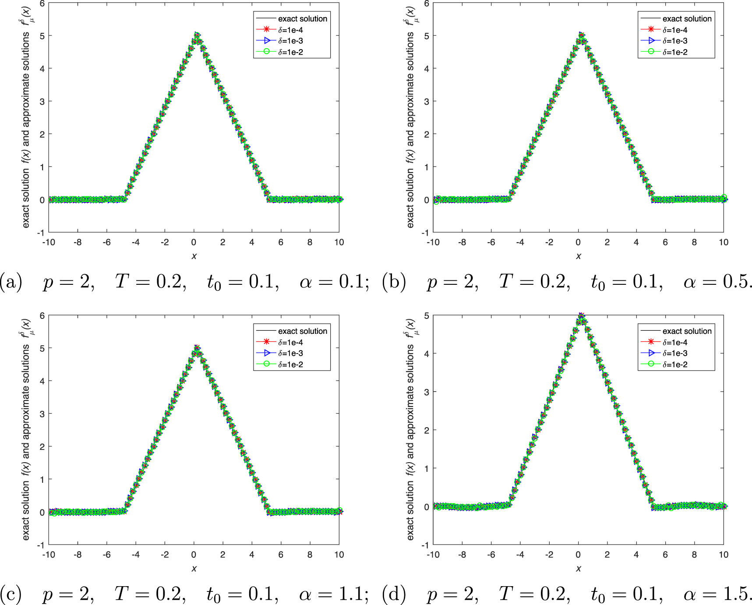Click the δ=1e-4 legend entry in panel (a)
(290, 30)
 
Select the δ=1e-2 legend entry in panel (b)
(674, 52)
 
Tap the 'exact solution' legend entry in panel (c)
(302, 331)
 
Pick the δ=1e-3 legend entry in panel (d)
(674, 354)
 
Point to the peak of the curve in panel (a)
(197, 35)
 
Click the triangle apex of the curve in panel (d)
(581, 315)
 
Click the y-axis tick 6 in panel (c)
(42, 315)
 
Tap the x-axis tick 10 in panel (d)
(723, 555)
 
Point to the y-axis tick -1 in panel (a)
(41, 232)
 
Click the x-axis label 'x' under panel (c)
(194, 569)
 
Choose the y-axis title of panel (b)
(410, 117)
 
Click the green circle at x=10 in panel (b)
(724, 198)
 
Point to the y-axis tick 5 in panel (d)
(427, 315)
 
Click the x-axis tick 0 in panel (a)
(194, 242)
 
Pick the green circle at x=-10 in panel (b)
(436, 202)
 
